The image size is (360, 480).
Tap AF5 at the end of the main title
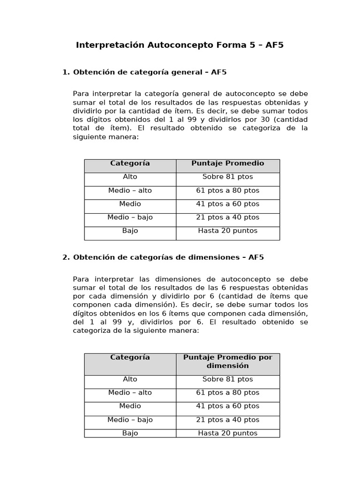pos(275,45)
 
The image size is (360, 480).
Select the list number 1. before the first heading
pos(66,72)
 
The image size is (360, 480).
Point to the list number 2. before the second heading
pos(66,257)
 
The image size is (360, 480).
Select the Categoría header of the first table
pos(130,164)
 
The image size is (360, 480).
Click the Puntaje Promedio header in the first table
pos(228,164)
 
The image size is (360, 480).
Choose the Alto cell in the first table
pos(130,177)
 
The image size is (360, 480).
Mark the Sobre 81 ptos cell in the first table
pos(228,177)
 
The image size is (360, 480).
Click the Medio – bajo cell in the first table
pos(130,217)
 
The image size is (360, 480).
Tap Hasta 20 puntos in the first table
pos(228,231)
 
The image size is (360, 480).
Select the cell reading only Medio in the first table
pos(130,204)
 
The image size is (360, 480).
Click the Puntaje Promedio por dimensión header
pos(228,361)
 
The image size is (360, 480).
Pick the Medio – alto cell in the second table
pos(130,393)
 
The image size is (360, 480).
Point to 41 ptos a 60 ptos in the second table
pos(228,406)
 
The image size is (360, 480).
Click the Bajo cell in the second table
pos(130,434)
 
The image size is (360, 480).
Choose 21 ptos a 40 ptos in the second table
pos(228,420)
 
